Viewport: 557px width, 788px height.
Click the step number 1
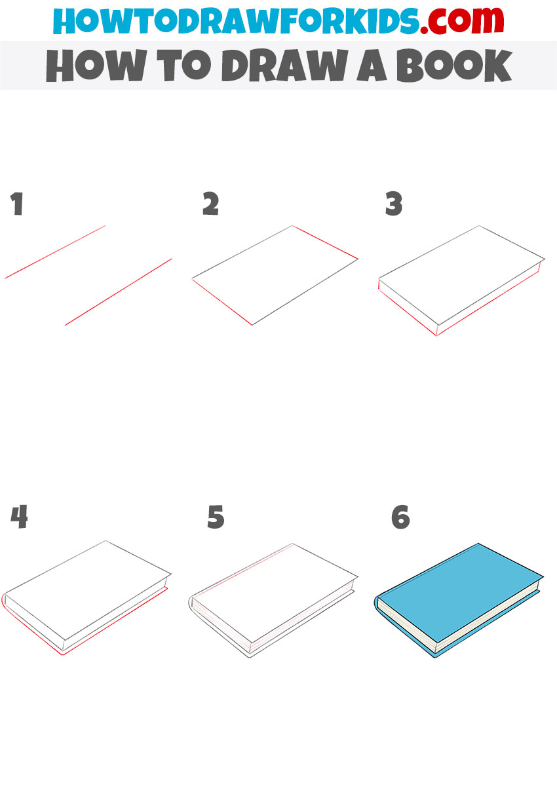tap(17, 205)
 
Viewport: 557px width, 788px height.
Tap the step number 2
tap(210, 205)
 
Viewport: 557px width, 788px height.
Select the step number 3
tap(393, 205)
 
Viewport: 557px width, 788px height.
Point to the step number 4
tap(19, 517)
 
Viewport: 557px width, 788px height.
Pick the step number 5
tap(216, 517)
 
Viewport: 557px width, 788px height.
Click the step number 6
tap(400, 517)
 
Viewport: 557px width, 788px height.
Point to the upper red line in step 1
tap(56, 252)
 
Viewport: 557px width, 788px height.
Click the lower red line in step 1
tap(118, 291)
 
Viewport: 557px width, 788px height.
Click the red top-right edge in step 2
tap(326, 242)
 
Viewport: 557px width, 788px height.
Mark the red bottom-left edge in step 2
tap(222, 302)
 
